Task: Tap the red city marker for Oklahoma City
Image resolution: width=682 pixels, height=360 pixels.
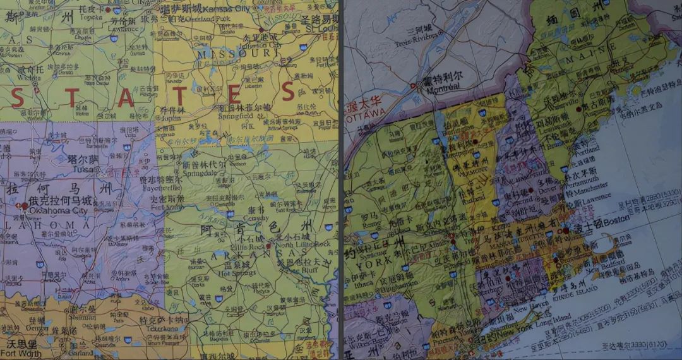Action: coord(24,205)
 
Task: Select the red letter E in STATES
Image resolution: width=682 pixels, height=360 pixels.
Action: coord(234,95)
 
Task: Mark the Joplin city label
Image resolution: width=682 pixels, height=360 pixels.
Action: coord(171,117)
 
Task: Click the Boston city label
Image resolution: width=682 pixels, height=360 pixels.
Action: coord(617,223)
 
